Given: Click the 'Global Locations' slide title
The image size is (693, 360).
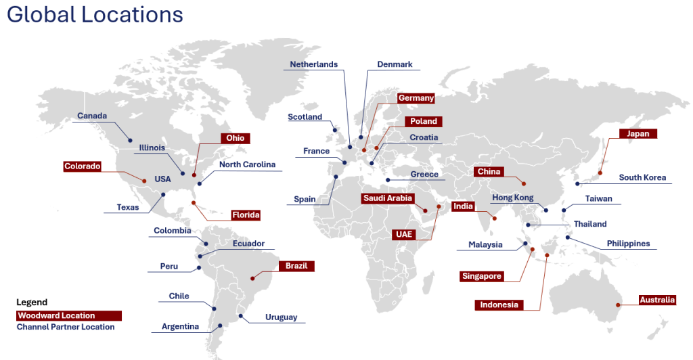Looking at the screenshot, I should pyautogui.click(x=95, y=15).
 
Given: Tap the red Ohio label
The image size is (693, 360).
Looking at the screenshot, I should pyautogui.click(x=236, y=138).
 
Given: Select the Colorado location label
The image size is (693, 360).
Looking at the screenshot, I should pyautogui.click(x=83, y=166).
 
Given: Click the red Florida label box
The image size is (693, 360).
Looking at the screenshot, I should pyautogui.click(x=246, y=215).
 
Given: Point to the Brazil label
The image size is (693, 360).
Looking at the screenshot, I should pyautogui.click(x=296, y=266).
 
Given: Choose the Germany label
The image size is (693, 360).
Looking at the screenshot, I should pyautogui.click(x=416, y=98).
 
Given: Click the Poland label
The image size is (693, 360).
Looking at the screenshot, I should pyautogui.click(x=424, y=122).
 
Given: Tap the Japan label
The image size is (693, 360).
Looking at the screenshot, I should pyautogui.click(x=638, y=134).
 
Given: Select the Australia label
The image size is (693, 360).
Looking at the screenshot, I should pyautogui.click(x=657, y=300).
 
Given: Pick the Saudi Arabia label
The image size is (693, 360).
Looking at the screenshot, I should pyautogui.click(x=388, y=198).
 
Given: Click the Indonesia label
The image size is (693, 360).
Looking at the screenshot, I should pyautogui.click(x=499, y=305).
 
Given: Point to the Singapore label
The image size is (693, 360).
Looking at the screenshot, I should pyautogui.click(x=482, y=276).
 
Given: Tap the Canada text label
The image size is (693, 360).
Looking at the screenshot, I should pyautogui.click(x=92, y=116).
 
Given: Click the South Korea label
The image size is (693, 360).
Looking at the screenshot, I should pyautogui.click(x=642, y=178).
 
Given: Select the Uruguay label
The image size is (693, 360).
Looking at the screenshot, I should pyautogui.click(x=281, y=317).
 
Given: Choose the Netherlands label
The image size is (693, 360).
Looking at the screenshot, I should pyautogui.click(x=313, y=64).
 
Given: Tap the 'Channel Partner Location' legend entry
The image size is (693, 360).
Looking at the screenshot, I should pyautogui.click(x=66, y=327).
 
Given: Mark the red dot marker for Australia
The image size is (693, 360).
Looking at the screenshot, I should pyautogui.click(x=618, y=306).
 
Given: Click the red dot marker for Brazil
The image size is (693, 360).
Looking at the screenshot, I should pyautogui.click(x=252, y=277).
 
